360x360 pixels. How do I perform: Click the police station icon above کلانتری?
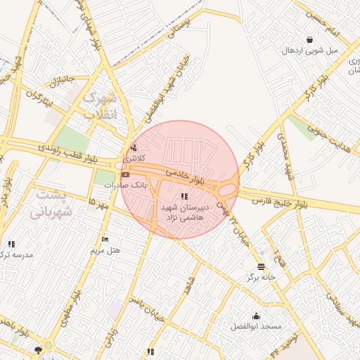(134, 147)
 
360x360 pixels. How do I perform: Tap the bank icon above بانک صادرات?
(125, 174)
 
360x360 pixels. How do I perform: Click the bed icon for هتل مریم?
(105, 240)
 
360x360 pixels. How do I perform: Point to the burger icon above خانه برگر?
(262, 266)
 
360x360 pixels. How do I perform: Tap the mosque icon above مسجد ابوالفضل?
(256, 316)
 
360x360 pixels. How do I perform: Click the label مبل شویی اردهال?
(310, 50)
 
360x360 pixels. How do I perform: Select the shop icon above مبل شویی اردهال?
(310, 39)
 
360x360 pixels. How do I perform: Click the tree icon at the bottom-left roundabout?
(39, 349)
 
